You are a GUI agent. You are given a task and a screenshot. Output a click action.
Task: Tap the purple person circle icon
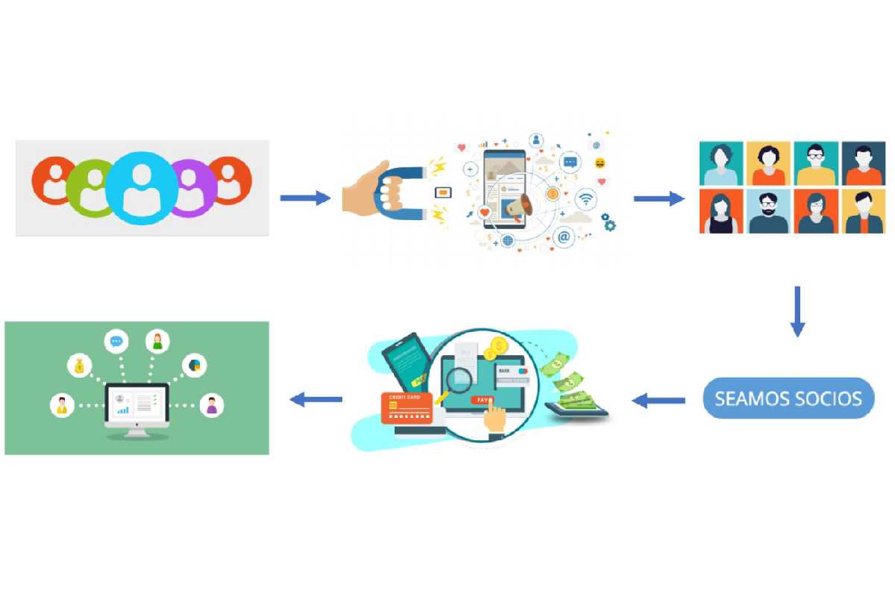tap(192, 187)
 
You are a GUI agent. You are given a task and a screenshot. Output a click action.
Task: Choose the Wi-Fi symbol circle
tap(587, 199)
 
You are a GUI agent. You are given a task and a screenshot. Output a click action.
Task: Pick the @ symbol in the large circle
tap(565, 238)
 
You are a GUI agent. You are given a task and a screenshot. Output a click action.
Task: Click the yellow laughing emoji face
tap(600, 163)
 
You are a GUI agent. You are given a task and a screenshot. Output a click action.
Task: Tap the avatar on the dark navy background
tap(864, 163)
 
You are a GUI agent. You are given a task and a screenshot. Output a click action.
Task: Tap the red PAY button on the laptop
tap(484, 400)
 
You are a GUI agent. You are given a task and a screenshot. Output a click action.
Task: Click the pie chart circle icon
tap(195, 365)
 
